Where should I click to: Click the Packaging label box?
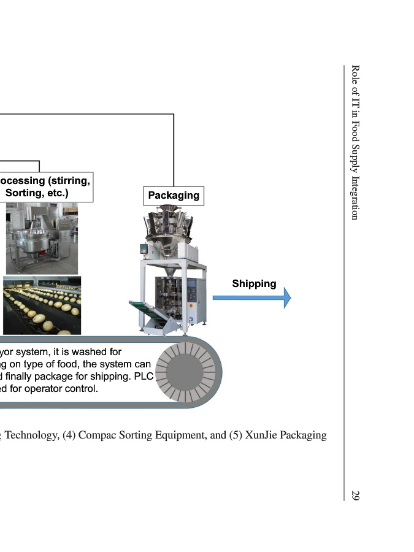coord(174,196)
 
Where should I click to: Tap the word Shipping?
coord(254,283)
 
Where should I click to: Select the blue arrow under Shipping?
coord(251,298)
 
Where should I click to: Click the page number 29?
coord(355,494)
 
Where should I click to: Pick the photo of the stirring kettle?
coord(42,238)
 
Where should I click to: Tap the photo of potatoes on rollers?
coord(42,305)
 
